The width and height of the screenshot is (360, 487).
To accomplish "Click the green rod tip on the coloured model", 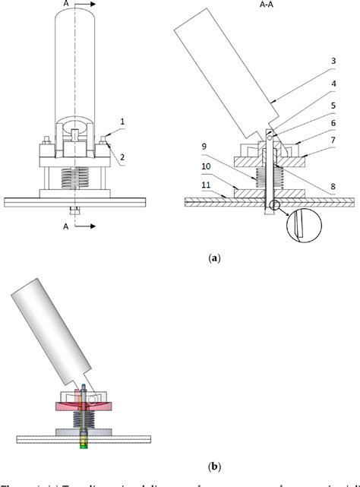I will (x=84, y=444).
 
